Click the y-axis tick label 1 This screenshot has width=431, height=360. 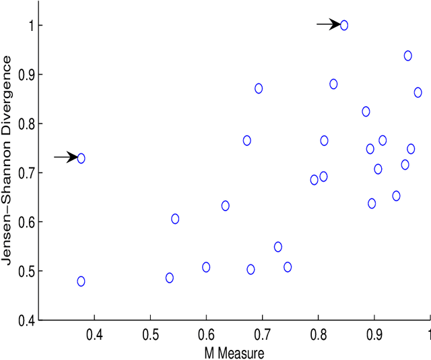click(x=29, y=26)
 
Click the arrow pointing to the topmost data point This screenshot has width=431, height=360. click(x=329, y=25)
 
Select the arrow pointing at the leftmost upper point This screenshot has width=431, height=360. click(x=65, y=157)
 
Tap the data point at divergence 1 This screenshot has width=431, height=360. click(x=344, y=26)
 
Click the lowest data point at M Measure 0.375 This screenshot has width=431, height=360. click(x=81, y=281)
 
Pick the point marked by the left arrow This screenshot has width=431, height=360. click(x=81, y=158)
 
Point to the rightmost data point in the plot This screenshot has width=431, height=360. click(x=418, y=92)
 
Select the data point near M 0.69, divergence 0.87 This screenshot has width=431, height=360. click(x=259, y=88)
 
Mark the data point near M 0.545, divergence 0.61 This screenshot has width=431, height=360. click(x=175, y=219)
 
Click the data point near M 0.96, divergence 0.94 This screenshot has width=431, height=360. click(x=408, y=56)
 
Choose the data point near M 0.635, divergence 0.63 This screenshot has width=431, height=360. click(x=226, y=205)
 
